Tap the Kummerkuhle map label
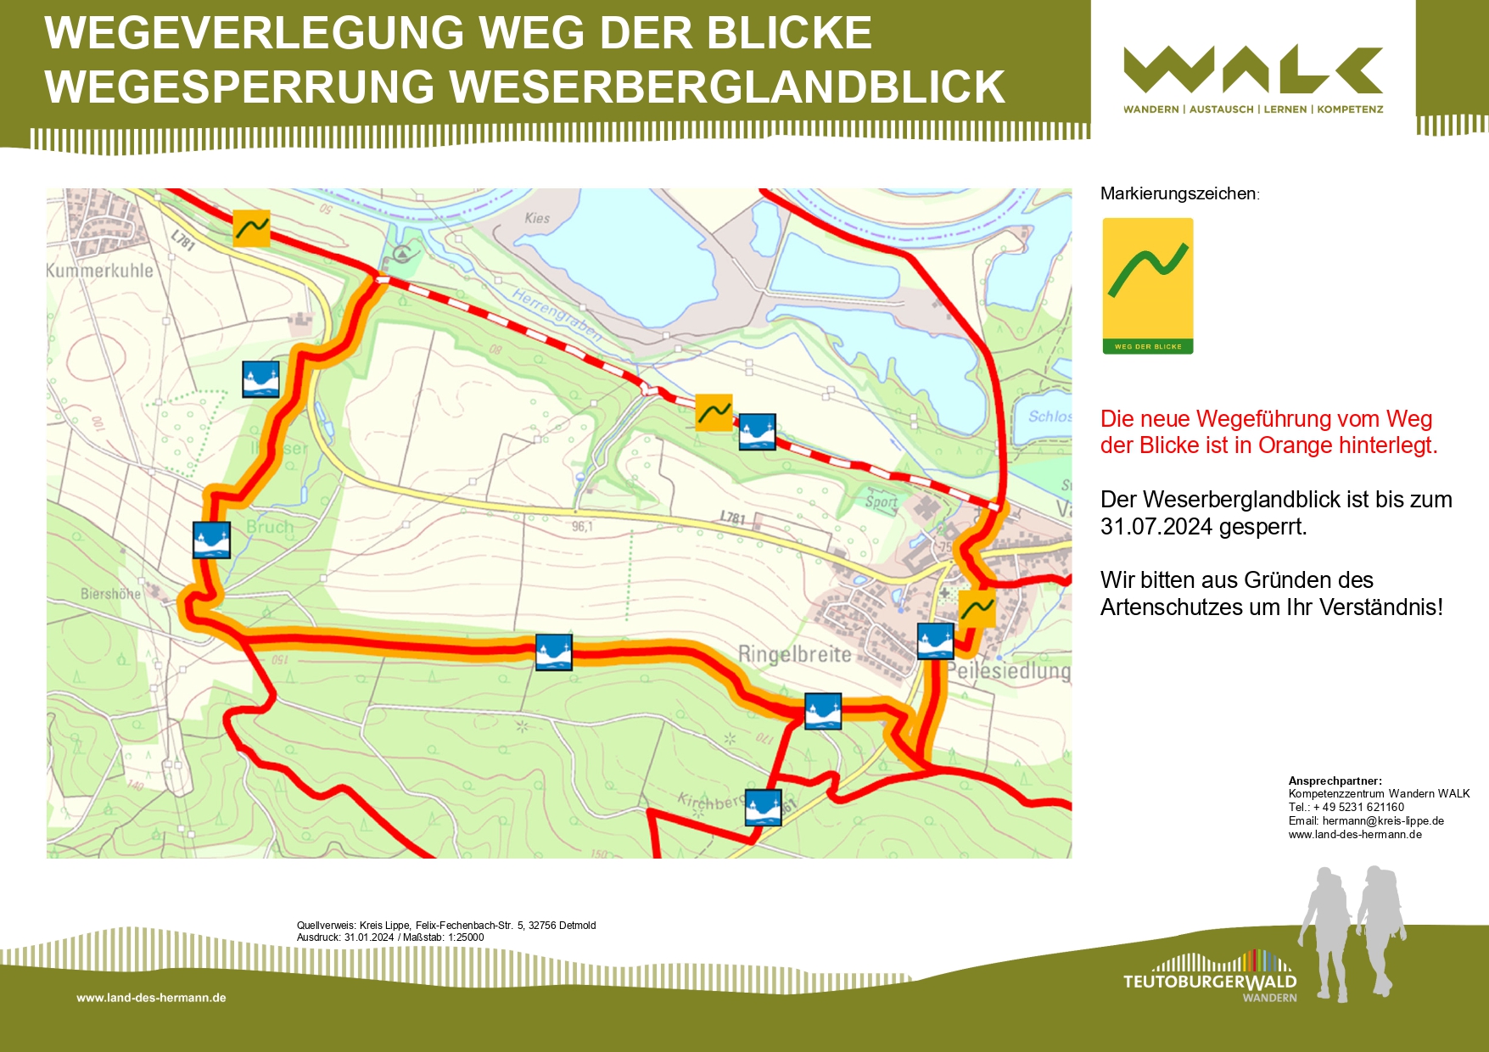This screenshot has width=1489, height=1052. point(100,271)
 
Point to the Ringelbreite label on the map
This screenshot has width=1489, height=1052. point(794,654)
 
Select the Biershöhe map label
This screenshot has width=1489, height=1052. point(110,594)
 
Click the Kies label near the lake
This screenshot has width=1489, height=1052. point(537,218)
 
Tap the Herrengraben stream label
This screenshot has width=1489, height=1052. point(557,315)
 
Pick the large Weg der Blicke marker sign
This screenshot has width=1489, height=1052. point(1147,285)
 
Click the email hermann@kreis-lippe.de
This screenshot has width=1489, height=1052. point(1382,820)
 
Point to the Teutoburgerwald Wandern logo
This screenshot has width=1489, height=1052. point(1210,980)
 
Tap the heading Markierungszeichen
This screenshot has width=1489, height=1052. point(1178,193)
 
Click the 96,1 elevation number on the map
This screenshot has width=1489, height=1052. point(582,527)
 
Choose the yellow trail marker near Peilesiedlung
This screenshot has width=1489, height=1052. point(977,608)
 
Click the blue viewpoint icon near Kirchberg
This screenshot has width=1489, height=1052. point(763,807)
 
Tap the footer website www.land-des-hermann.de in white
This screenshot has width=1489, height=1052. point(151,998)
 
